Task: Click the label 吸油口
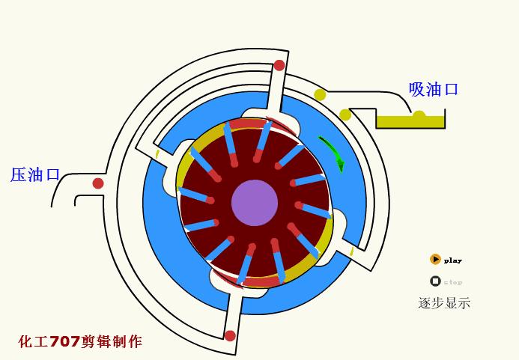434,89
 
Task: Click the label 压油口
35,175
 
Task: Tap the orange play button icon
435,260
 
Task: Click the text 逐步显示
444,303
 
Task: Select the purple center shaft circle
255,202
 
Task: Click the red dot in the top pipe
279,65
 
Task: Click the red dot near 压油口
98,183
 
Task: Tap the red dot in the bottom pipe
230,335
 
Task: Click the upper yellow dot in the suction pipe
320,94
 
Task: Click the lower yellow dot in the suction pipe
345,115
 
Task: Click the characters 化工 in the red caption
34,342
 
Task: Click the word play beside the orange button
453,261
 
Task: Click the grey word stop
453,282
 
